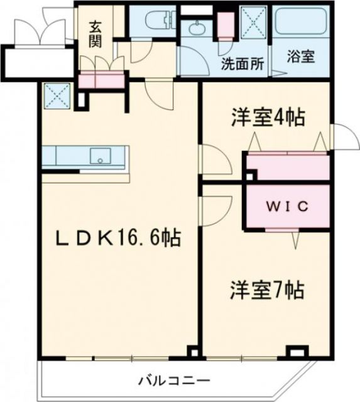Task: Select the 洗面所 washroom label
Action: pos(242,64)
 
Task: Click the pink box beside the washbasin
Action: pos(226,25)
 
